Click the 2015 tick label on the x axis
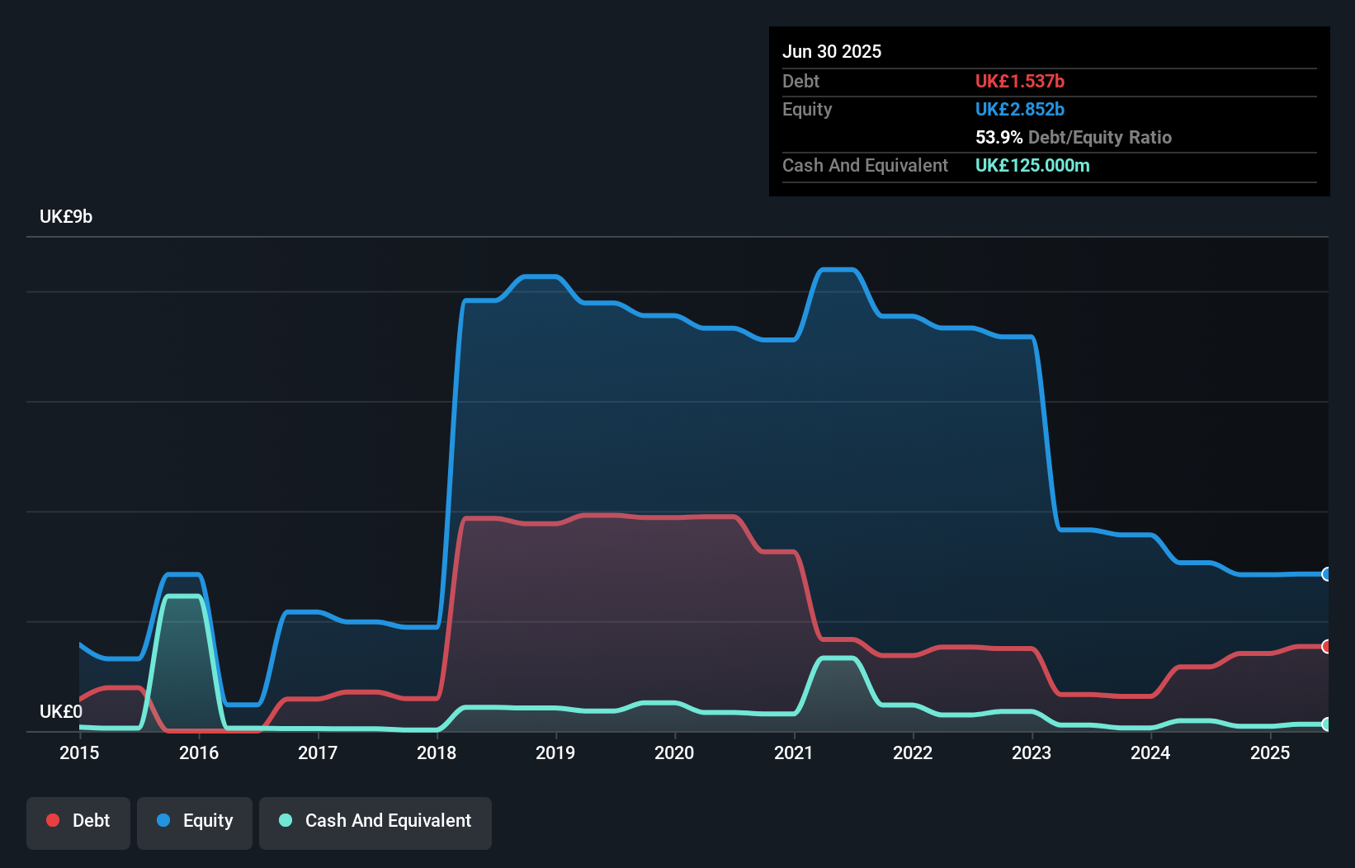tap(79, 752)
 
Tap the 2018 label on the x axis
tap(437, 752)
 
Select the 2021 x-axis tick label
tap(794, 752)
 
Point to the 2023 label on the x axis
tap(1032, 752)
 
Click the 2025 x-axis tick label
tap(1270, 752)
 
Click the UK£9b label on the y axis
tap(66, 216)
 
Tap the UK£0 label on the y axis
tap(61, 711)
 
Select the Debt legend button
tap(78, 821)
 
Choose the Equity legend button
tap(195, 821)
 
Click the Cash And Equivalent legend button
tap(375, 821)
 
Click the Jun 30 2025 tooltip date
tap(832, 51)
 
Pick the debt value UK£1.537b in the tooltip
tap(1020, 81)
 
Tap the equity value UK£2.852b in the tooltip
tap(1020, 109)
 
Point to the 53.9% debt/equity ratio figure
tap(999, 137)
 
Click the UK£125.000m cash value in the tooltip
tap(1032, 165)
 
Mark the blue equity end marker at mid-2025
tap(1326, 574)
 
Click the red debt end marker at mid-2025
tap(1326, 646)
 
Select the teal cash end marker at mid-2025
tap(1326, 724)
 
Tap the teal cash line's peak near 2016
tap(183, 596)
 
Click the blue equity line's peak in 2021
tap(838, 270)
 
